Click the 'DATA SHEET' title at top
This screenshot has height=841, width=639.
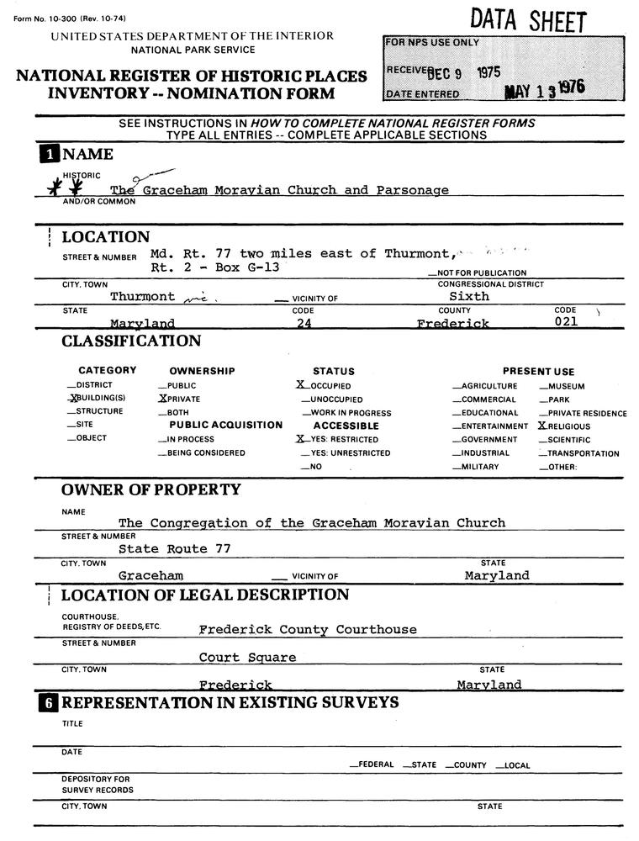528,20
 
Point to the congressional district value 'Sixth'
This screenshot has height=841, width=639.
469,296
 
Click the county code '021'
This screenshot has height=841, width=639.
567,322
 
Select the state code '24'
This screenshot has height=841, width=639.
304,324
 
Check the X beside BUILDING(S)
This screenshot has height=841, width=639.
74,398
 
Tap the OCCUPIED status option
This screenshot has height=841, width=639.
326,386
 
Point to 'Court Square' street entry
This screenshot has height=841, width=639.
247,657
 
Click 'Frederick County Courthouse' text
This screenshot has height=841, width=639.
308,629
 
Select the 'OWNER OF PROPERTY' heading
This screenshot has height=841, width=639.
151,489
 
